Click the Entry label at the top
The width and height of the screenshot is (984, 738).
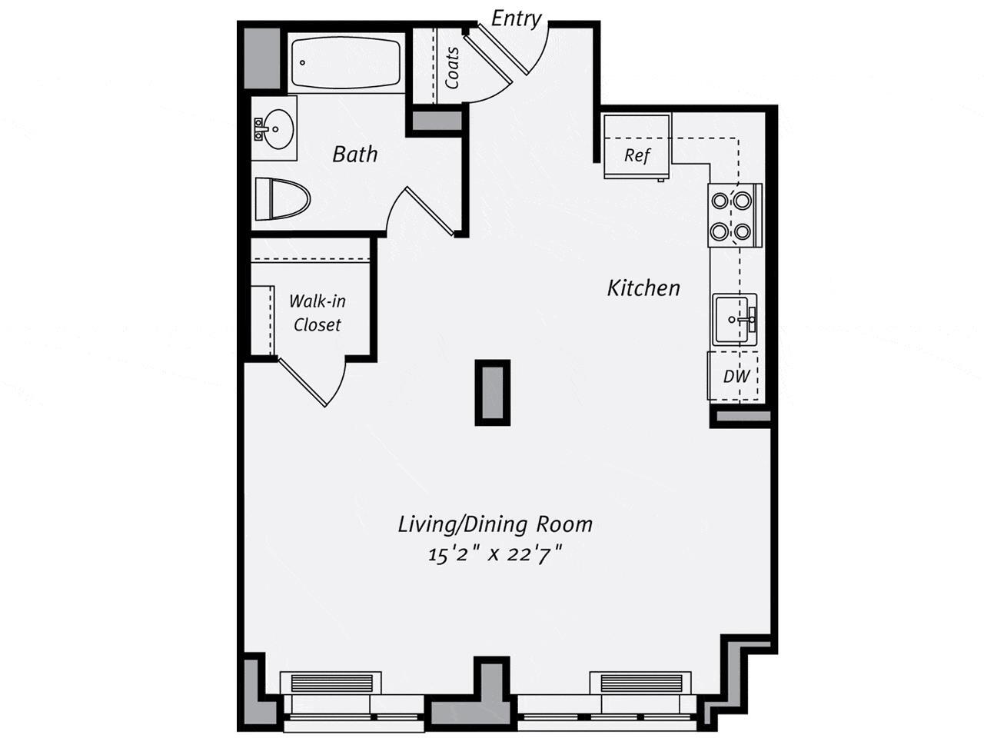coord(516,18)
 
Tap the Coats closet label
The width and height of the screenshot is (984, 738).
coord(452,67)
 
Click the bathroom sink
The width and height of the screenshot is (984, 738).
coord(274,128)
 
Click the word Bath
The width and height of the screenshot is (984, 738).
coord(354,155)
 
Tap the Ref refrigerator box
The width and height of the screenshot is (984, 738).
coord(637,155)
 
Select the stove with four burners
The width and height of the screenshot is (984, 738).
coord(732,216)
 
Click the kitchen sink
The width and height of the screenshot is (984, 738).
coord(734,318)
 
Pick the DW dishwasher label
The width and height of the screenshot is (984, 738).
coord(736,377)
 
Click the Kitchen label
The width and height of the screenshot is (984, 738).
coord(643,288)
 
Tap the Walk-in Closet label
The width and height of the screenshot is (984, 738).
coord(317,313)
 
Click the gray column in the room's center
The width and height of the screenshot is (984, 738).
coord(492,392)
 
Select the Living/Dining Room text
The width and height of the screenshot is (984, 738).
coord(495,524)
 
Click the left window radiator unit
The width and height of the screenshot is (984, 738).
coord(331,683)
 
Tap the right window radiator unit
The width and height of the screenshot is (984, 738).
coord(640,683)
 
